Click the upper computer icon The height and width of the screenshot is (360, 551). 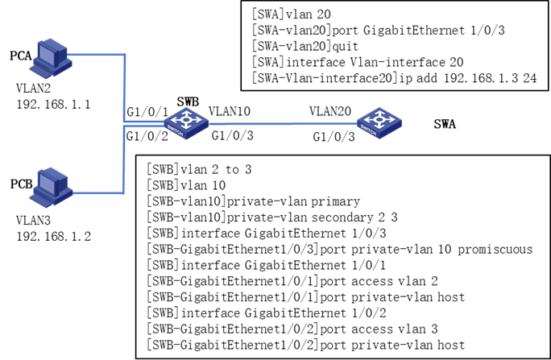click(x=51, y=57)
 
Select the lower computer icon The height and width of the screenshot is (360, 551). click(x=51, y=187)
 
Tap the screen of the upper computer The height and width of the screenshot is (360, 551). click(x=47, y=55)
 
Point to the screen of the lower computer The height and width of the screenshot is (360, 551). click(x=47, y=184)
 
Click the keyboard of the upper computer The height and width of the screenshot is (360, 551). click(x=41, y=71)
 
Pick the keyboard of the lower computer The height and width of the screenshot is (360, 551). click(x=41, y=200)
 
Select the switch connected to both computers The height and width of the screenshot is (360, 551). click(x=186, y=122)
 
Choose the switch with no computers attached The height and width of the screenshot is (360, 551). click(x=379, y=122)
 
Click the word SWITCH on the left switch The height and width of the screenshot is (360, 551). click(x=176, y=130)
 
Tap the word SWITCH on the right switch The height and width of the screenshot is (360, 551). click(x=368, y=130)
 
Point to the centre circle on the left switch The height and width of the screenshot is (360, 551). click(x=186, y=119)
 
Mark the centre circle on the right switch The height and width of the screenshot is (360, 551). click(x=379, y=119)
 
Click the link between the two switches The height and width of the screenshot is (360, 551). click(x=282, y=124)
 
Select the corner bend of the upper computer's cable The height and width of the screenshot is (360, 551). click(x=125, y=55)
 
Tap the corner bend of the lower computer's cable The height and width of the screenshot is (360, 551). click(x=123, y=192)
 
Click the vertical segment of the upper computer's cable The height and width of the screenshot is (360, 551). click(x=125, y=89)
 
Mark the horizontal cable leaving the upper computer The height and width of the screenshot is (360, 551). click(x=97, y=55)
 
